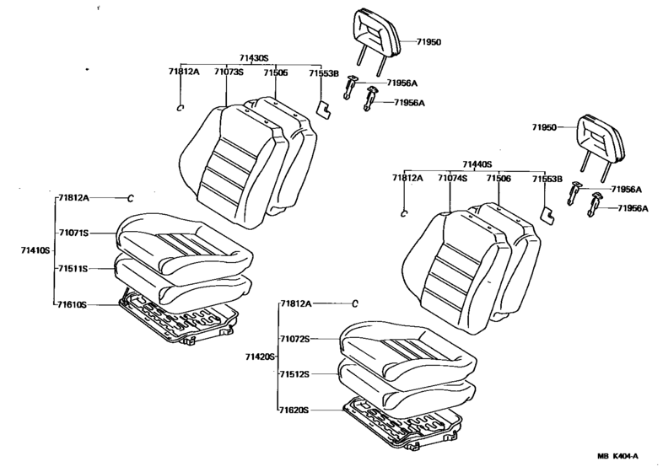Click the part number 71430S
(254, 58)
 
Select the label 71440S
(477, 164)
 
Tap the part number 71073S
(229, 72)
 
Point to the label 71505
(276, 72)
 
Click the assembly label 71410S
(35, 250)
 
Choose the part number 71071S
(73, 233)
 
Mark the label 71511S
(73, 269)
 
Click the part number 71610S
(73, 304)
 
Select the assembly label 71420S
(260, 357)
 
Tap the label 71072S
(294, 339)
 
